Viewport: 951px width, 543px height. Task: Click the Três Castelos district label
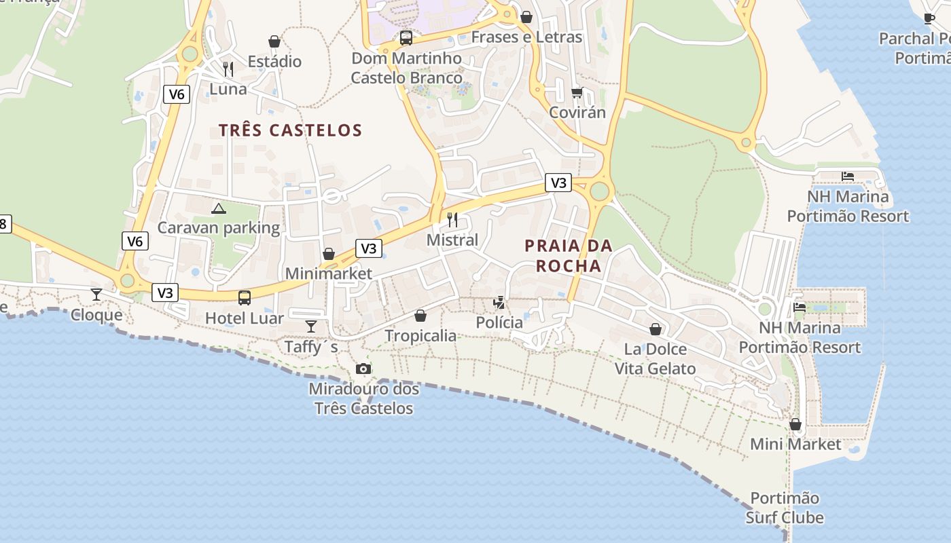click(x=290, y=130)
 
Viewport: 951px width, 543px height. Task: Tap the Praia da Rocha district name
click(x=569, y=255)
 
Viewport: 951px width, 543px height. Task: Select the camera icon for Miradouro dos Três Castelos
click(x=363, y=369)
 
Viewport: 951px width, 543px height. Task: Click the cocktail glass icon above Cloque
click(x=96, y=294)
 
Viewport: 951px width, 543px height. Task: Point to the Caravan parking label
click(x=219, y=227)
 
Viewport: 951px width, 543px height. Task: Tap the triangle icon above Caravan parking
click(x=218, y=208)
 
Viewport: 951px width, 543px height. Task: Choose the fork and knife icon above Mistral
click(x=452, y=219)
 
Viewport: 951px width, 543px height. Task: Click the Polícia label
click(x=499, y=322)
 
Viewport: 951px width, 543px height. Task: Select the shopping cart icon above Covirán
click(x=577, y=92)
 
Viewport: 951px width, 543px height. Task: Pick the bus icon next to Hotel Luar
click(x=244, y=297)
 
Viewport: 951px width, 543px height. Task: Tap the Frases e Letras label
click(x=526, y=37)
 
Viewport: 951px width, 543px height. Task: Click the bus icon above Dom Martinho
click(x=406, y=38)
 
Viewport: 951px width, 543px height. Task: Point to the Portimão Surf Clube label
click(x=785, y=508)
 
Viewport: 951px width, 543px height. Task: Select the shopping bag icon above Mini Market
click(x=795, y=424)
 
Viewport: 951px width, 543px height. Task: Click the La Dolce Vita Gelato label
click(x=656, y=358)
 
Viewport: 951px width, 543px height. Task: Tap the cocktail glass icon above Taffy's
click(x=311, y=326)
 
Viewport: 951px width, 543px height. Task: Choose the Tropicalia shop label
click(x=420, y=335)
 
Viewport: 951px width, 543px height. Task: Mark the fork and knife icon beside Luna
click(x=228, y=69)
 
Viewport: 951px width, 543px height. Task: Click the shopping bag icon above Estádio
click(x=274, y=42)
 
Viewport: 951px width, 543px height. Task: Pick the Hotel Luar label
click(x=245, y=317)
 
